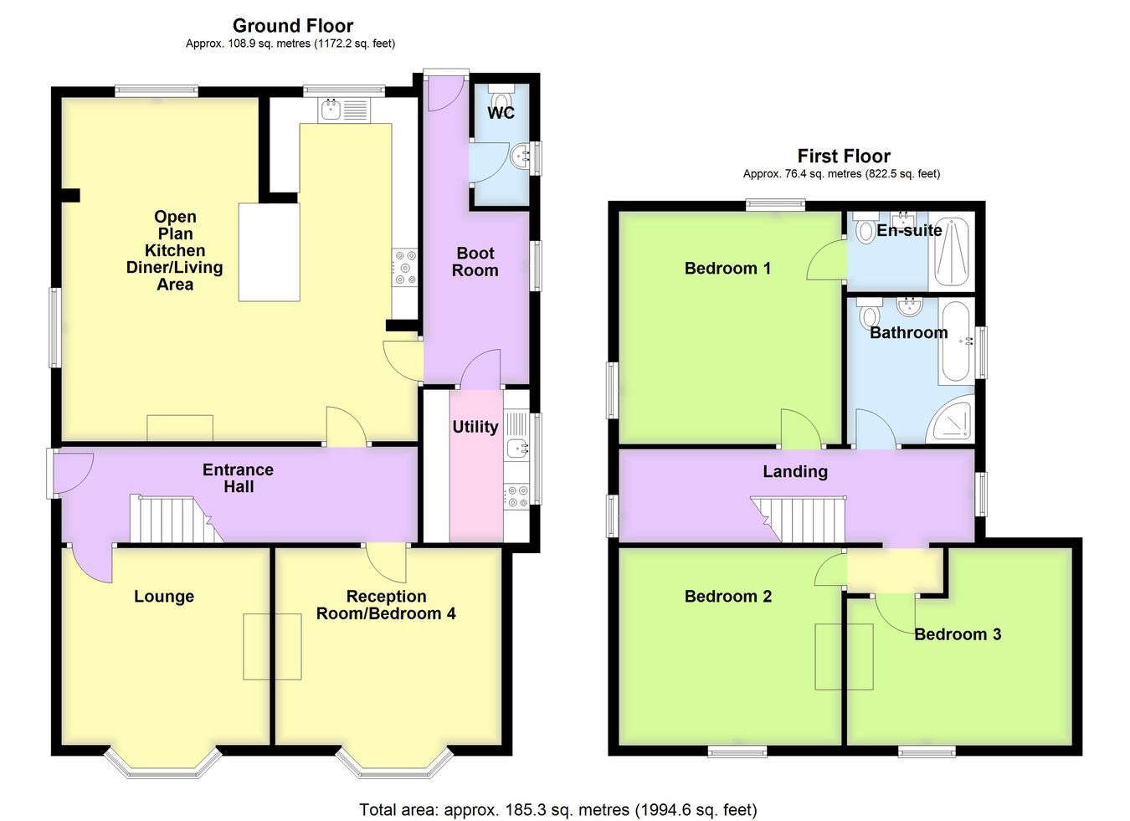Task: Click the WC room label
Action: [x=501, y=112]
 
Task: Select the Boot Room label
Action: [x=475, y=262]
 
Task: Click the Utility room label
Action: [x=475, y=427]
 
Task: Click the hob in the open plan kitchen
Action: [x=405, y=267]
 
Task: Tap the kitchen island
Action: [x=269, y=252]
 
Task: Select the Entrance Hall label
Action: [x=238, y=478]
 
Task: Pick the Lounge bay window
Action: [x=162, y=763]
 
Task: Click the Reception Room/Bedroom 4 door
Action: [x=386, y=562]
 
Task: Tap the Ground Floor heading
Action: [x=293, y=25]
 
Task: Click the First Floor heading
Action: [x=844, y=156]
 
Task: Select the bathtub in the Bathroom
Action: [x=958, y=341]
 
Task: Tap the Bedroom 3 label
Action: [x=958, y=634]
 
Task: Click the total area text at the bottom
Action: [x=558, y=810]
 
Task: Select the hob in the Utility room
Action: [x=516, y=495]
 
